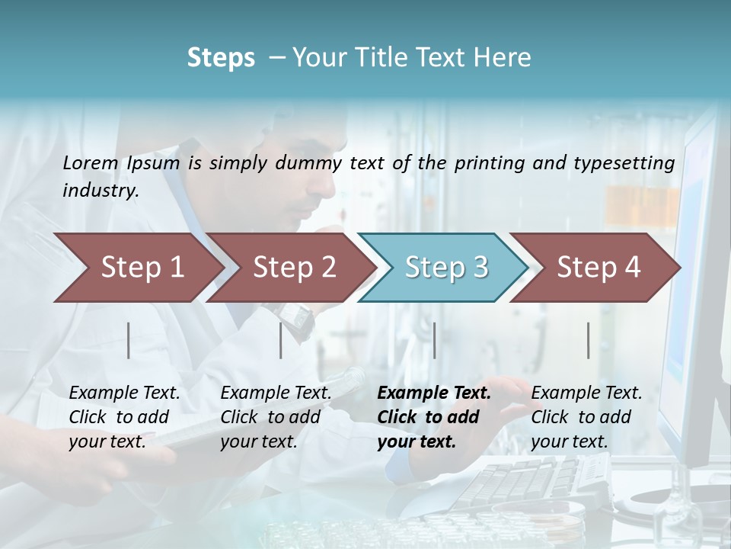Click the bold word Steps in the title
pyautogui.click(x=221, y=58)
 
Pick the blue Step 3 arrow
pyautogui.click(x=445, y=268)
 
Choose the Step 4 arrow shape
pyautogui.click(x=598, y=268)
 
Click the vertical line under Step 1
pyautogui.click(x=129, y=340)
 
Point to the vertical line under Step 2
pyautogui.click(x=281, y=340)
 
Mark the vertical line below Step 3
pyautogui.click(x=435, y=340)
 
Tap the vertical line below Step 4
pyautogui.click(x=589, y=340)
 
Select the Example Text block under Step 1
pyautogui.click(x=124, y=417)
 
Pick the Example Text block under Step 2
pyautogui.click(x=276, y=417)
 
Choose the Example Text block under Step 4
pyautogui.click(x=586, y=417)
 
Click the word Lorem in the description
pyautogui.click(x=91, y=162)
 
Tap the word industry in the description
pyautogui.click(x=101, y=191)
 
